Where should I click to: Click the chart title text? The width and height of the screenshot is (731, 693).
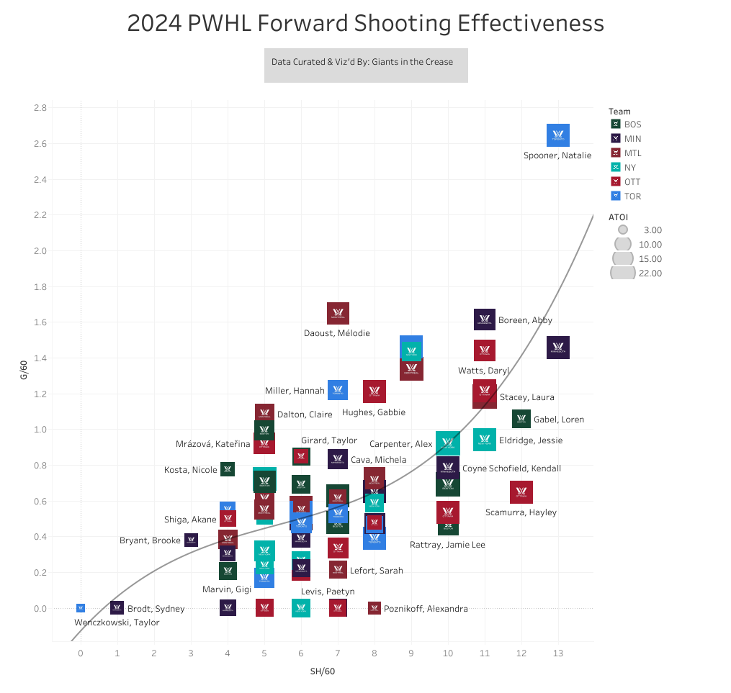click(365, 24)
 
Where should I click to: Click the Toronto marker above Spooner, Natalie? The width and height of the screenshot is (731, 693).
click(558, 135)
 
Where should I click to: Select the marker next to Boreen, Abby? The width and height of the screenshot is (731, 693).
click(485, 320)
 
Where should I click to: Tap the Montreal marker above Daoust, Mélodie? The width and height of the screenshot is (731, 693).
click(338, 313)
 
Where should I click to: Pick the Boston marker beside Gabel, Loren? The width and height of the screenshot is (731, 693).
click(521, 419)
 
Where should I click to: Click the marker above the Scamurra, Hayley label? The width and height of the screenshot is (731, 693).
click(521, 492)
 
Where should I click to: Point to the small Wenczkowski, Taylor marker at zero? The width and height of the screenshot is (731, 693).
click(81, 608)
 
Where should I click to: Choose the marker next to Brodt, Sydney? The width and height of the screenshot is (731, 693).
click(117, 608)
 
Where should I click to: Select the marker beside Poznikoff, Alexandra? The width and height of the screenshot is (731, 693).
click(375, 608)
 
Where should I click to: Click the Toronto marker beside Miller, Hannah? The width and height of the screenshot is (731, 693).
click(338, 390)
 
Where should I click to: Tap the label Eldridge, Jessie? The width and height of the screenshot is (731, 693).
click(531, 440)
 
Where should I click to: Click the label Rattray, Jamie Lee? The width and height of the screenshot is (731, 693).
click(447, 545)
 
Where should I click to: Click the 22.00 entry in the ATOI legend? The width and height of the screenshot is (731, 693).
click(634, 273)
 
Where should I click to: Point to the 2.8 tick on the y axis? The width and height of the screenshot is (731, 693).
click(40, 108)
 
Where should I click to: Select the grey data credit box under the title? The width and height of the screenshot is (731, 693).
click(366, 65)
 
